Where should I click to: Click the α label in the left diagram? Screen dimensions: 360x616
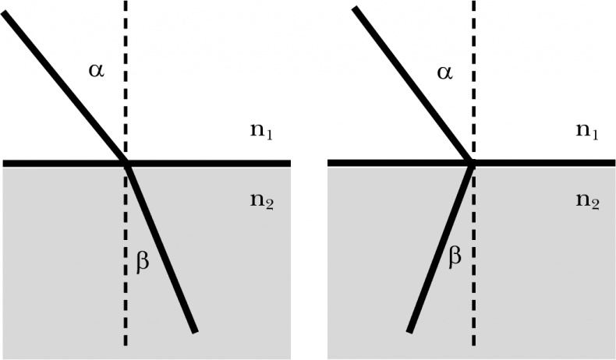(96, 73)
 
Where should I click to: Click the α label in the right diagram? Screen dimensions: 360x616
(444, 73)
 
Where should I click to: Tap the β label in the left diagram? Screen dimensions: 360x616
(143, 264)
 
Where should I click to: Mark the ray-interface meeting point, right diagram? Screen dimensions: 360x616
(472, 163)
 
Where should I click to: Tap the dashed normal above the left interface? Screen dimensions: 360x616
(126, 47)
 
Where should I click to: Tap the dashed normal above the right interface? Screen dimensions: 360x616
(473, 47)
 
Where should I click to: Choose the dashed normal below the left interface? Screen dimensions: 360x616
(126, 312)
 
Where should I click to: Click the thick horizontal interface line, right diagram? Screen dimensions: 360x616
(546, 163)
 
